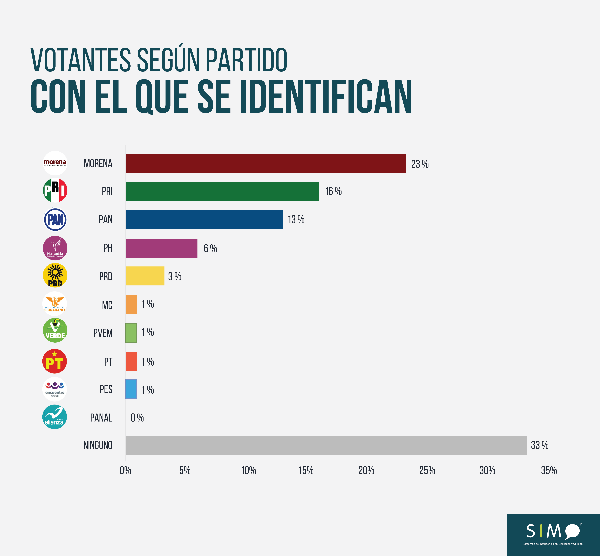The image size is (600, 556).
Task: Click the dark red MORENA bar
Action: coord(266,163)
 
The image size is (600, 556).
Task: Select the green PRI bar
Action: coord(222,191)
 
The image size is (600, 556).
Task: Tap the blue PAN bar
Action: coord(204,219)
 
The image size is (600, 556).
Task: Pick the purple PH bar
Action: coord(161,248)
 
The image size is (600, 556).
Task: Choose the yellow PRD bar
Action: coord(145,276)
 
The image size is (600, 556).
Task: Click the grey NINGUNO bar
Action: coord(326,445)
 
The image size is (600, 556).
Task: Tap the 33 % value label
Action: coord(540,445)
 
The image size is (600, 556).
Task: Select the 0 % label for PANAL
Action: coord(137,418)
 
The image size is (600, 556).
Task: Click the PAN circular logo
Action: coord(55,219)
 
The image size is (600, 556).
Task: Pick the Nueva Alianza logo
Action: coord(54,417)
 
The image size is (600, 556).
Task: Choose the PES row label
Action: coord(106,389)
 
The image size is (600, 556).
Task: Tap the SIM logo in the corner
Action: coord(553,535)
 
